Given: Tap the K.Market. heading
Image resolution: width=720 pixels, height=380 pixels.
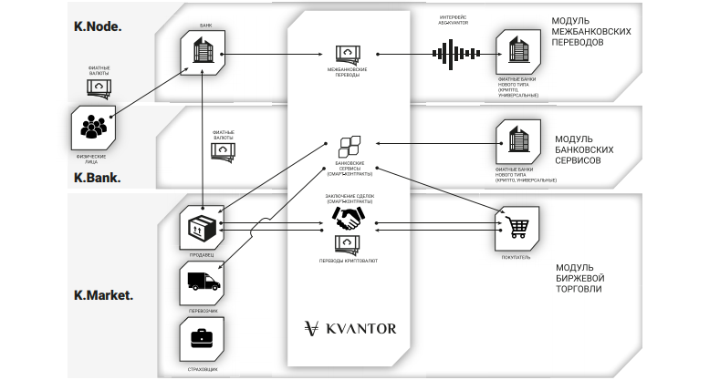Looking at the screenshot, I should [103, 295].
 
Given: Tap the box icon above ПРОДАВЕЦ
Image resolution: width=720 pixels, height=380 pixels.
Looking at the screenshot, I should [200, 227].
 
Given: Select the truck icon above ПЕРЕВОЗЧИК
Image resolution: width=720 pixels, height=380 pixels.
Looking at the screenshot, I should [201, 283].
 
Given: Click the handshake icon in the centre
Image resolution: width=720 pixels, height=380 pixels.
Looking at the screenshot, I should [350, 218].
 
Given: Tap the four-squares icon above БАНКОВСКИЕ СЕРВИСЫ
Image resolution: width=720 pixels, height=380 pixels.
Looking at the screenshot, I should [350, 146].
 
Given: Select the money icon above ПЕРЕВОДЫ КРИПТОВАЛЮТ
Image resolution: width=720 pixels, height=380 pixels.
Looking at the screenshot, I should [350, 243].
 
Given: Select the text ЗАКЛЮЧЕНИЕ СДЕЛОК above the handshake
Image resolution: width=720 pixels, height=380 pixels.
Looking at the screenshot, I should [350, 195].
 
